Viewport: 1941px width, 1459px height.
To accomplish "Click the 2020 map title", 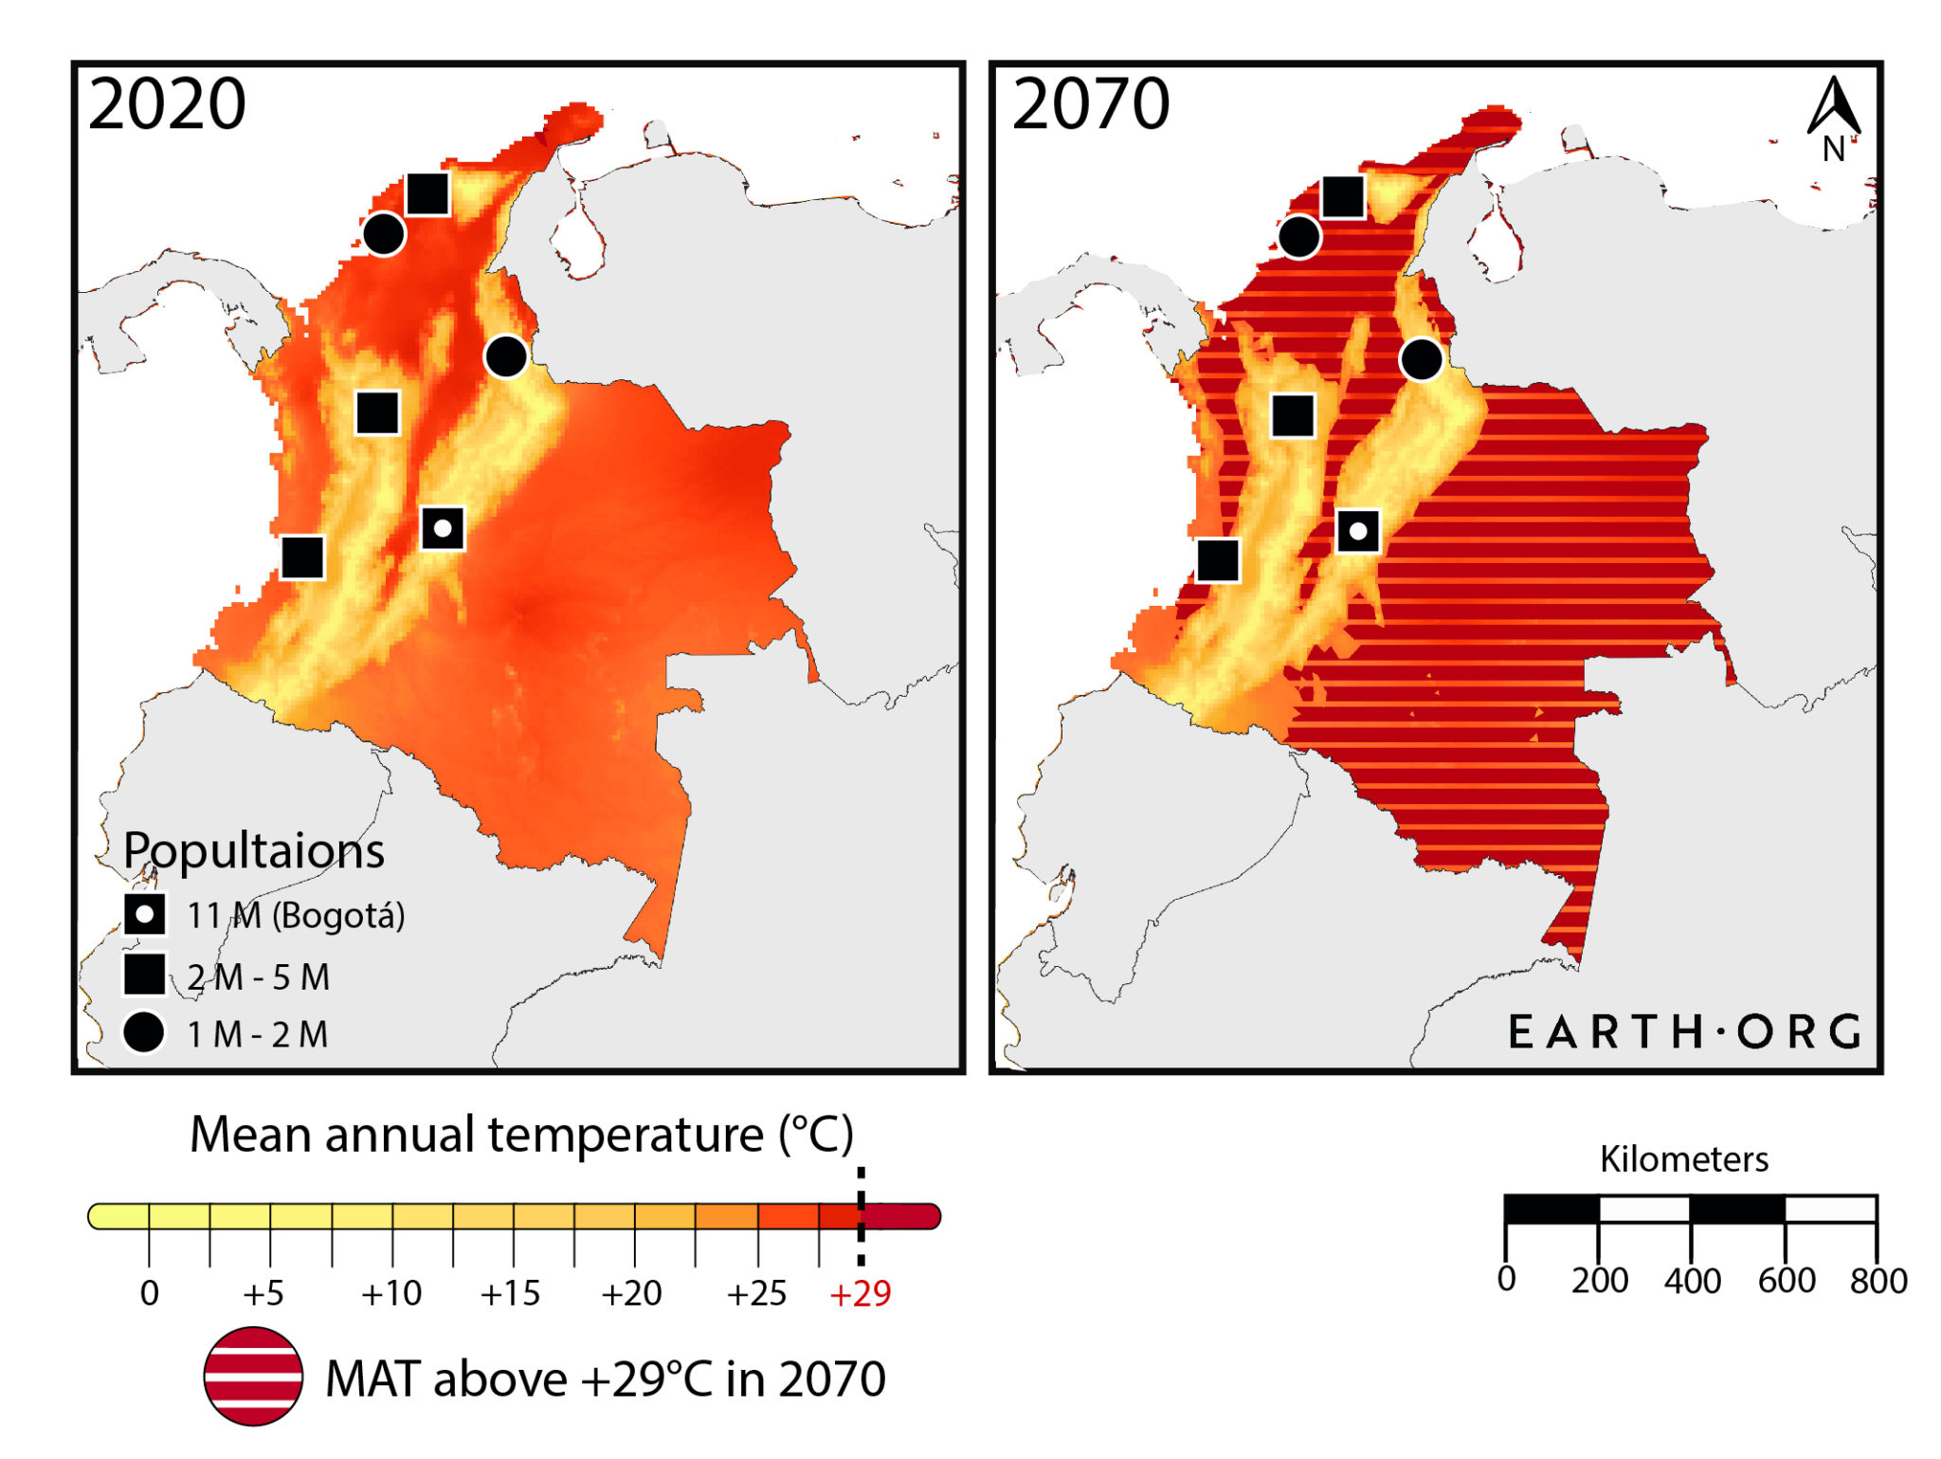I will (x=167, y=104).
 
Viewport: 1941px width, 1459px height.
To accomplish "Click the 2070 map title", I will (x=1090, y=104).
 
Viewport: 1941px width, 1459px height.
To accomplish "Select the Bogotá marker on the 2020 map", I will (x=443, y=529).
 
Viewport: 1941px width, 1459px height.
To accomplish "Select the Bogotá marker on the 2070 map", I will (x=1357, y=532).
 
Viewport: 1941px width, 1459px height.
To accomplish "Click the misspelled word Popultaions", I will (x=254, y=850).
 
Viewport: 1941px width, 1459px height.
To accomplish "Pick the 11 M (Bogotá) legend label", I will (x=296, y=916).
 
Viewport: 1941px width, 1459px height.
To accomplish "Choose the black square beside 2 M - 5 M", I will (x=144, y=975).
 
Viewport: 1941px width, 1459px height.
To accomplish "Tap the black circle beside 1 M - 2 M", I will (x=144, y=1032).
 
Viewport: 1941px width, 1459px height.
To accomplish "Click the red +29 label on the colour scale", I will (x=860, y=1294).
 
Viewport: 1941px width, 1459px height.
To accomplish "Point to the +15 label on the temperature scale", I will (x=510, y=1294).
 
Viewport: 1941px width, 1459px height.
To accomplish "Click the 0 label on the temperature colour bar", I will (x=149, y=1294).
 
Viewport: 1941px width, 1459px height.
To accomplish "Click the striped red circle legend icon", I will (x=253, y=1377).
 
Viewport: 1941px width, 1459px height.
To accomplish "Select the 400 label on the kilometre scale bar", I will (x=1692, y=1281).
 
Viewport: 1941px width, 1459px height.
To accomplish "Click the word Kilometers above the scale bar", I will (x=1684, y=1159).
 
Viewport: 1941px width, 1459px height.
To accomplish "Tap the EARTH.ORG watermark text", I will (x=1685, y=1031).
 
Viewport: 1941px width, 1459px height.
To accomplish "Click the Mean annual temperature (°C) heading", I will (x=521, y=1134).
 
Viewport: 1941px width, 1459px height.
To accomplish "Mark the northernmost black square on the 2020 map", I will (x=427, y=194).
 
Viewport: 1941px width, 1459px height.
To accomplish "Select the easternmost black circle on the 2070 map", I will (x=1421, y=360).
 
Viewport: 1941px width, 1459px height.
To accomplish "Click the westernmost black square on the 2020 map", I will (x=303, y=557).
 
